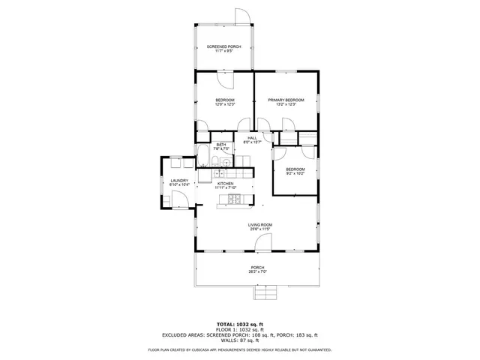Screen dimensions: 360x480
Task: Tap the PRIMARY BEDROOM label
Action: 286,100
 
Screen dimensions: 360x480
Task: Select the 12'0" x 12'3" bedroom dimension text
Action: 225,104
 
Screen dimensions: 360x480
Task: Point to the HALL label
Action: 252,137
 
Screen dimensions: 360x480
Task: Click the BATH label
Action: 221,144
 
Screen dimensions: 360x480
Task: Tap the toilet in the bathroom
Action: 214,163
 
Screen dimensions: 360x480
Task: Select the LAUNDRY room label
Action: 178,181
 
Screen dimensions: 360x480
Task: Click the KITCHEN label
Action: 225,183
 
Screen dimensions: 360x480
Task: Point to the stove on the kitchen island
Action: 233,199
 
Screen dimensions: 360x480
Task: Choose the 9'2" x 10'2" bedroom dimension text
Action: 295,174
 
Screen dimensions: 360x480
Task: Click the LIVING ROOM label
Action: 259,225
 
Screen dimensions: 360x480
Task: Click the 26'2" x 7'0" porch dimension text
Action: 257,271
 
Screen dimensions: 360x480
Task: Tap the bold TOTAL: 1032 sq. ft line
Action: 238,324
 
